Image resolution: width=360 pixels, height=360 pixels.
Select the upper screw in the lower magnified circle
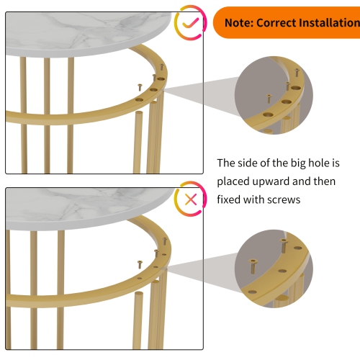[x=284, y=246]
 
